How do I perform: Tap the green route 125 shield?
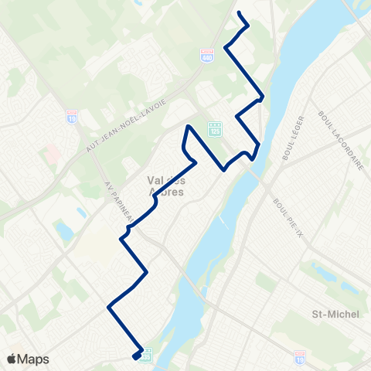click(214, 128)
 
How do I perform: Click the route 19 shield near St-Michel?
click(300, 357)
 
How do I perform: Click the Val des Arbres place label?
click(165, 185)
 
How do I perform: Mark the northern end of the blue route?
click(237, 14)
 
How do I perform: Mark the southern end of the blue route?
click(135, 357)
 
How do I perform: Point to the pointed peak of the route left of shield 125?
click(188, 126)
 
